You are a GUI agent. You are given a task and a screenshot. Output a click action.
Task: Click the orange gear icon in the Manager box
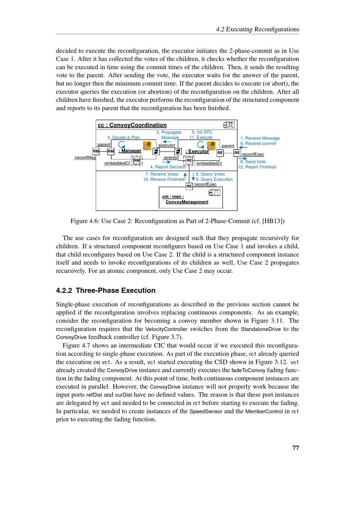click(147, 146)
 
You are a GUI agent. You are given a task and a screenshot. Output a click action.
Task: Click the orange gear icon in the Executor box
click(211, 146)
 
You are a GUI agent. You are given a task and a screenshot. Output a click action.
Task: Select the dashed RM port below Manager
click(136, 161)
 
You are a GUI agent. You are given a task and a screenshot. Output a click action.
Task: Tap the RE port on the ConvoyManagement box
click(189, 186)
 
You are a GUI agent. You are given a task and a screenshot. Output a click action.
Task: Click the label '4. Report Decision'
click(168, 167)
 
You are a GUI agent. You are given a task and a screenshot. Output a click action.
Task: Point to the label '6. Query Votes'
click(210, 174)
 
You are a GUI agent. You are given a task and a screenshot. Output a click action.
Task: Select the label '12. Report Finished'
click(257, 167)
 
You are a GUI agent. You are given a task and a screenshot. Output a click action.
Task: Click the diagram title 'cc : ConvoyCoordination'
click(132, 125)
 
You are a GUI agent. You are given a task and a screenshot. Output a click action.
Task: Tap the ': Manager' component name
click(130, 151)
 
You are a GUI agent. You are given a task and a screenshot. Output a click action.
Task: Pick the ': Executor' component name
click(197, 152)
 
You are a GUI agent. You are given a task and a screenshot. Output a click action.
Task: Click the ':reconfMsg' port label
click(85, 158)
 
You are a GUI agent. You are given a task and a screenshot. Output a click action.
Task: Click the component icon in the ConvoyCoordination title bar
click(229, 125)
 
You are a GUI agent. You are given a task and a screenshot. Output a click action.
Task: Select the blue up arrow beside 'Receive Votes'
click(185, 174)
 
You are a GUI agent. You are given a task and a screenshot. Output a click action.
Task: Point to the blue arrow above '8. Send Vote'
click(243, 158)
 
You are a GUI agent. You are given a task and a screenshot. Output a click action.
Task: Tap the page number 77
click(296, 448)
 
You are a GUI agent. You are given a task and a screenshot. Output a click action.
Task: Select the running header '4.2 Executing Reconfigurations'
click(257, 30)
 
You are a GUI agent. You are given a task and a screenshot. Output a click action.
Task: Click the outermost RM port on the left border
click(96, 151)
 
